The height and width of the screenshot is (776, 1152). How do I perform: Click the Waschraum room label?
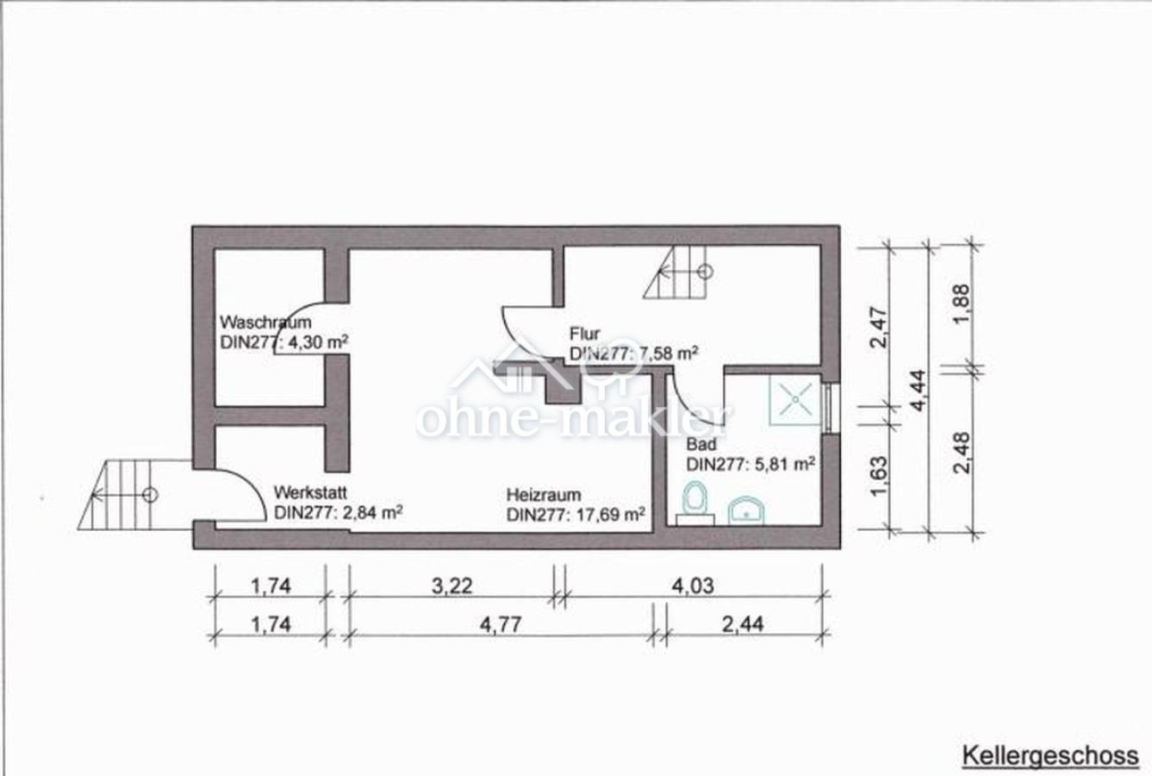tap(266, 322)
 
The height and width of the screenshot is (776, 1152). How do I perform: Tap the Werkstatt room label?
tap(310, 492)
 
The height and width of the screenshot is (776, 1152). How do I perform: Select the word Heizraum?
tap(544, 495)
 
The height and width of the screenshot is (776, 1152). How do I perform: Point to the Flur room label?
tap(585, 334)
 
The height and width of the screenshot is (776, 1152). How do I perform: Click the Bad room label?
tap(701, 443)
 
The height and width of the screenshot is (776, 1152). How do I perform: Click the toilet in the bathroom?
tap(694, 503)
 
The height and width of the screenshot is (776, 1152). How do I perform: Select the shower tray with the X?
tap(795, 400)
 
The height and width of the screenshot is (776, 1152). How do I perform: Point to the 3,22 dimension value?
tap(451, 586)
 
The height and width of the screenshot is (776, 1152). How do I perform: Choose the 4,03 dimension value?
tap(694, 586)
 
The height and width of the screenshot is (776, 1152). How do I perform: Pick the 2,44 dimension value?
tap(743, 625)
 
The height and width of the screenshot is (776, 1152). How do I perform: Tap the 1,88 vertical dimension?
tap(961, 304)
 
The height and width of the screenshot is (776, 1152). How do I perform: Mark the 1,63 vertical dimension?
tap(879, 476)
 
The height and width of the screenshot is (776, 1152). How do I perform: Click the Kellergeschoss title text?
tap(1050, 756)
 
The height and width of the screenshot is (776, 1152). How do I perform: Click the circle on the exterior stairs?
tap(150, 495)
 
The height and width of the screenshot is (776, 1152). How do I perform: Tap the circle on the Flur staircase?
tap(705, 272)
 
